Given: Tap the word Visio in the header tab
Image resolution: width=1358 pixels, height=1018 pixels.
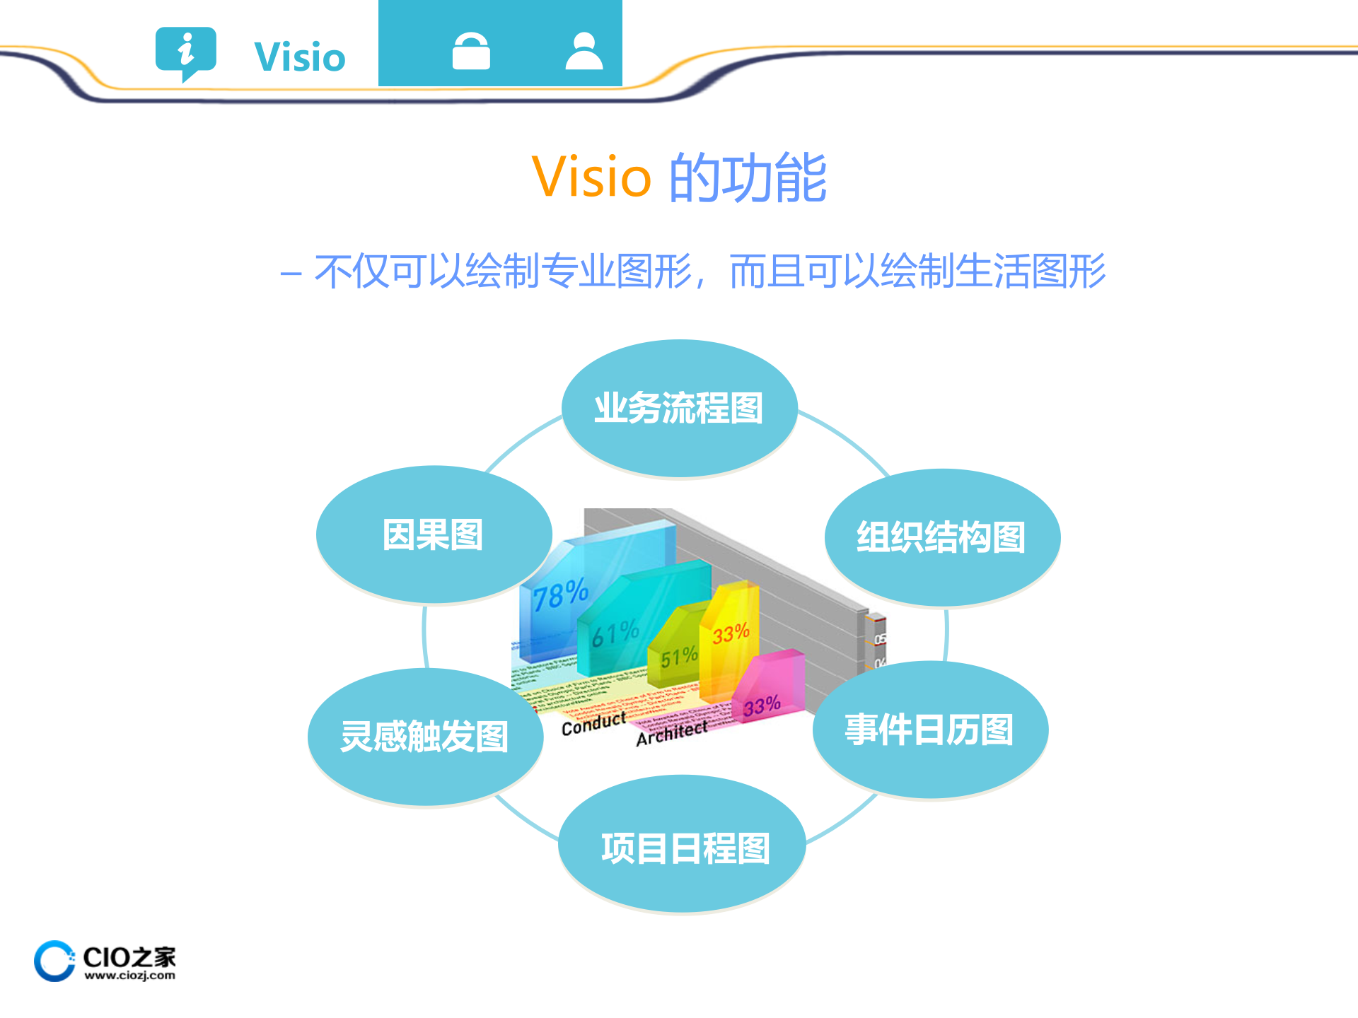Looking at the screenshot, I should point(300,57).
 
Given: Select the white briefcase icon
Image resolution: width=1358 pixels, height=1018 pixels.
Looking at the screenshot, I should point(471,52).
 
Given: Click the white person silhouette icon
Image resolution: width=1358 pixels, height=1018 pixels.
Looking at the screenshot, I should point(584,52).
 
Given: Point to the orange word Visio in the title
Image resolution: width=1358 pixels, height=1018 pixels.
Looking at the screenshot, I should point(591,177).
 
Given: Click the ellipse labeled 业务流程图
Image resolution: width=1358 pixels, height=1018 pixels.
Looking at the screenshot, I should point(679,408).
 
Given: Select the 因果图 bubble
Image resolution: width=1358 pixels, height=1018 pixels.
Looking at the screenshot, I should point(433,534).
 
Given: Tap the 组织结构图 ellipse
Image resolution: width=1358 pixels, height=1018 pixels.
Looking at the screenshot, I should point(941,537).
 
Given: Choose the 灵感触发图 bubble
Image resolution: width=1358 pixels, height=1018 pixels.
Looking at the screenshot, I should point(424,737).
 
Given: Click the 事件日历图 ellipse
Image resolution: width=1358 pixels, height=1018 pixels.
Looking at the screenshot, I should point(929,730).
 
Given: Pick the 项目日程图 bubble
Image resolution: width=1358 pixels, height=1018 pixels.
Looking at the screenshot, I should point(683,847).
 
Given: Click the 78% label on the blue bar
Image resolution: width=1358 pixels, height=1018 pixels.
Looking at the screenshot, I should point(560,595).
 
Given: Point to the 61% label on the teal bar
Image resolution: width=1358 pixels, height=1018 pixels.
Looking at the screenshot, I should point(615,633).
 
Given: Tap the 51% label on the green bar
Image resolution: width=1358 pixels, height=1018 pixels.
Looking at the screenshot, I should point(678,657).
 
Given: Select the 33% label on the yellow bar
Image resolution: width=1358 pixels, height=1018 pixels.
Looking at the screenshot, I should point(731,633).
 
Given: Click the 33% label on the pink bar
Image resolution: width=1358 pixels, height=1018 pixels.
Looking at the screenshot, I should point(762,706).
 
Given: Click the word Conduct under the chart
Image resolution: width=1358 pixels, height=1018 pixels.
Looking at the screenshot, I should point(593,724).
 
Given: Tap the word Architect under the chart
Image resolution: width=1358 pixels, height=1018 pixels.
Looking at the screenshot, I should point(671,733).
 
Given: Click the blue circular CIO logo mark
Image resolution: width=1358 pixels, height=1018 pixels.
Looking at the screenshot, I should point(54,961).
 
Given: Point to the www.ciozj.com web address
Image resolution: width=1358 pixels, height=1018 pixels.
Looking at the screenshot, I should point(129,976).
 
